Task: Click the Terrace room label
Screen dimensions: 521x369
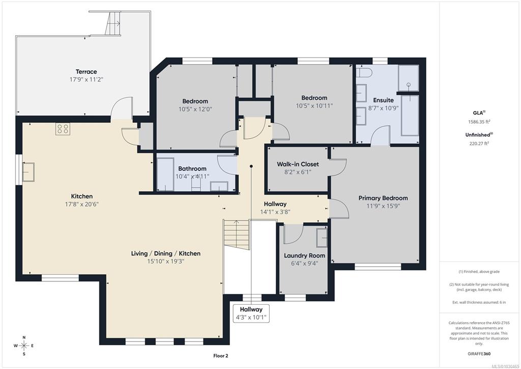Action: (x=86, y=71)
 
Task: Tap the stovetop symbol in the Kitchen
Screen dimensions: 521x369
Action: (x=63, y=129)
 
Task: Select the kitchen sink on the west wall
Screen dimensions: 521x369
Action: (x=28, y=172)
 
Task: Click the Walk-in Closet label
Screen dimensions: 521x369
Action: (x=298, y=164)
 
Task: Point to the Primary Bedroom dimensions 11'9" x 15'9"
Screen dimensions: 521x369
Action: (x=383, y=206)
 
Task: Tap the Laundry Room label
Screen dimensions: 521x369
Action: (x=304, y=255)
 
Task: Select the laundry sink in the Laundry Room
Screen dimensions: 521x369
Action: (x=322, y=238)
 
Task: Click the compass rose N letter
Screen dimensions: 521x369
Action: (x=24, y=337)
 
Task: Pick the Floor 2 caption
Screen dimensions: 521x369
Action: (x=221, y=356)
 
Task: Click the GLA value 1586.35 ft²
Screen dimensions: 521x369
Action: (x=479, y=122)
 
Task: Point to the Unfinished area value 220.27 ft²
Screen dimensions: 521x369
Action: (x=479, y=144)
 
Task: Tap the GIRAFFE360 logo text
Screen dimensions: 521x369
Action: (x=479, y=354)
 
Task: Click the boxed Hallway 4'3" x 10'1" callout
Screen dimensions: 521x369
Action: (x=251, y=313)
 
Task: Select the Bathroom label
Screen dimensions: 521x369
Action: (x=192, y=169)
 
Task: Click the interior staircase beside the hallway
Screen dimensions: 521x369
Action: (x=236, y=234)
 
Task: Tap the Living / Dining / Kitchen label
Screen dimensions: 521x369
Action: (x=166, y=253)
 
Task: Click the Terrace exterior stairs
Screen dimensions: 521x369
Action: (x=113, y=23)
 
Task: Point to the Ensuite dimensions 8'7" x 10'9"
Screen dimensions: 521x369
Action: (x=383, y=108)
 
